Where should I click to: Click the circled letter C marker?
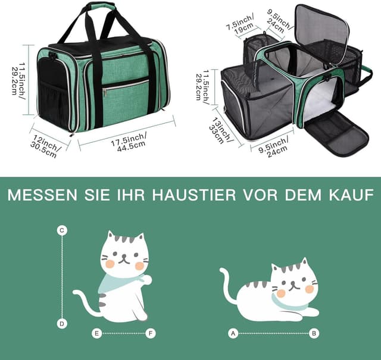62,230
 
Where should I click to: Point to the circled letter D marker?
62,323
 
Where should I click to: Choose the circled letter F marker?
151,333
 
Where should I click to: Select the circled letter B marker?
315,333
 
